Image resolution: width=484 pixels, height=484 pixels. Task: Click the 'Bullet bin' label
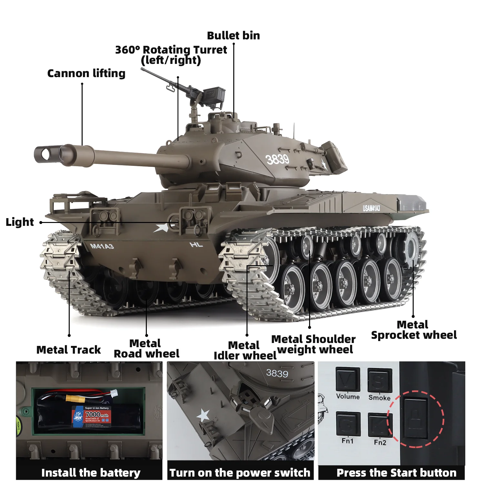[x=233, y=35]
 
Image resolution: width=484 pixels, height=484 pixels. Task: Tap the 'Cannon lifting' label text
[x=86, y=74]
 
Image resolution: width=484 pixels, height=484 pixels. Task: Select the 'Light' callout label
[x=20, y=222]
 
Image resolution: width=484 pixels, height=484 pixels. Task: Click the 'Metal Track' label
[x=68, y=350]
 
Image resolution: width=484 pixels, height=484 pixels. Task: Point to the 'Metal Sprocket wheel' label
[x=414, y=330]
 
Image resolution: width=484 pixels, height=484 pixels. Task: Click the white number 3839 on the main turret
[x=277, y=159]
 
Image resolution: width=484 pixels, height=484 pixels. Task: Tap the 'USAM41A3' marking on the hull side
[x=371, y=208]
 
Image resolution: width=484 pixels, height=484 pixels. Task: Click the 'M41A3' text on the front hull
[x=102, y=247]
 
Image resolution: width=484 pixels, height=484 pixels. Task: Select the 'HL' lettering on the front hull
[x=196, y=245]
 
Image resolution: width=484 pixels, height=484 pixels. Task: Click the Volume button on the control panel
[x=348, y=379]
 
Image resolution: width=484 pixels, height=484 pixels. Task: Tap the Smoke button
[x=379, y=381]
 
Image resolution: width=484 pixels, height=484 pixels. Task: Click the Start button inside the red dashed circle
[x=416, y=418]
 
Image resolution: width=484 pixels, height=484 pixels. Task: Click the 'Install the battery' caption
[x=91, y=473]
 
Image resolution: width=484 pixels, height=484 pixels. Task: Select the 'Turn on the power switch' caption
[x=240, y=473]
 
